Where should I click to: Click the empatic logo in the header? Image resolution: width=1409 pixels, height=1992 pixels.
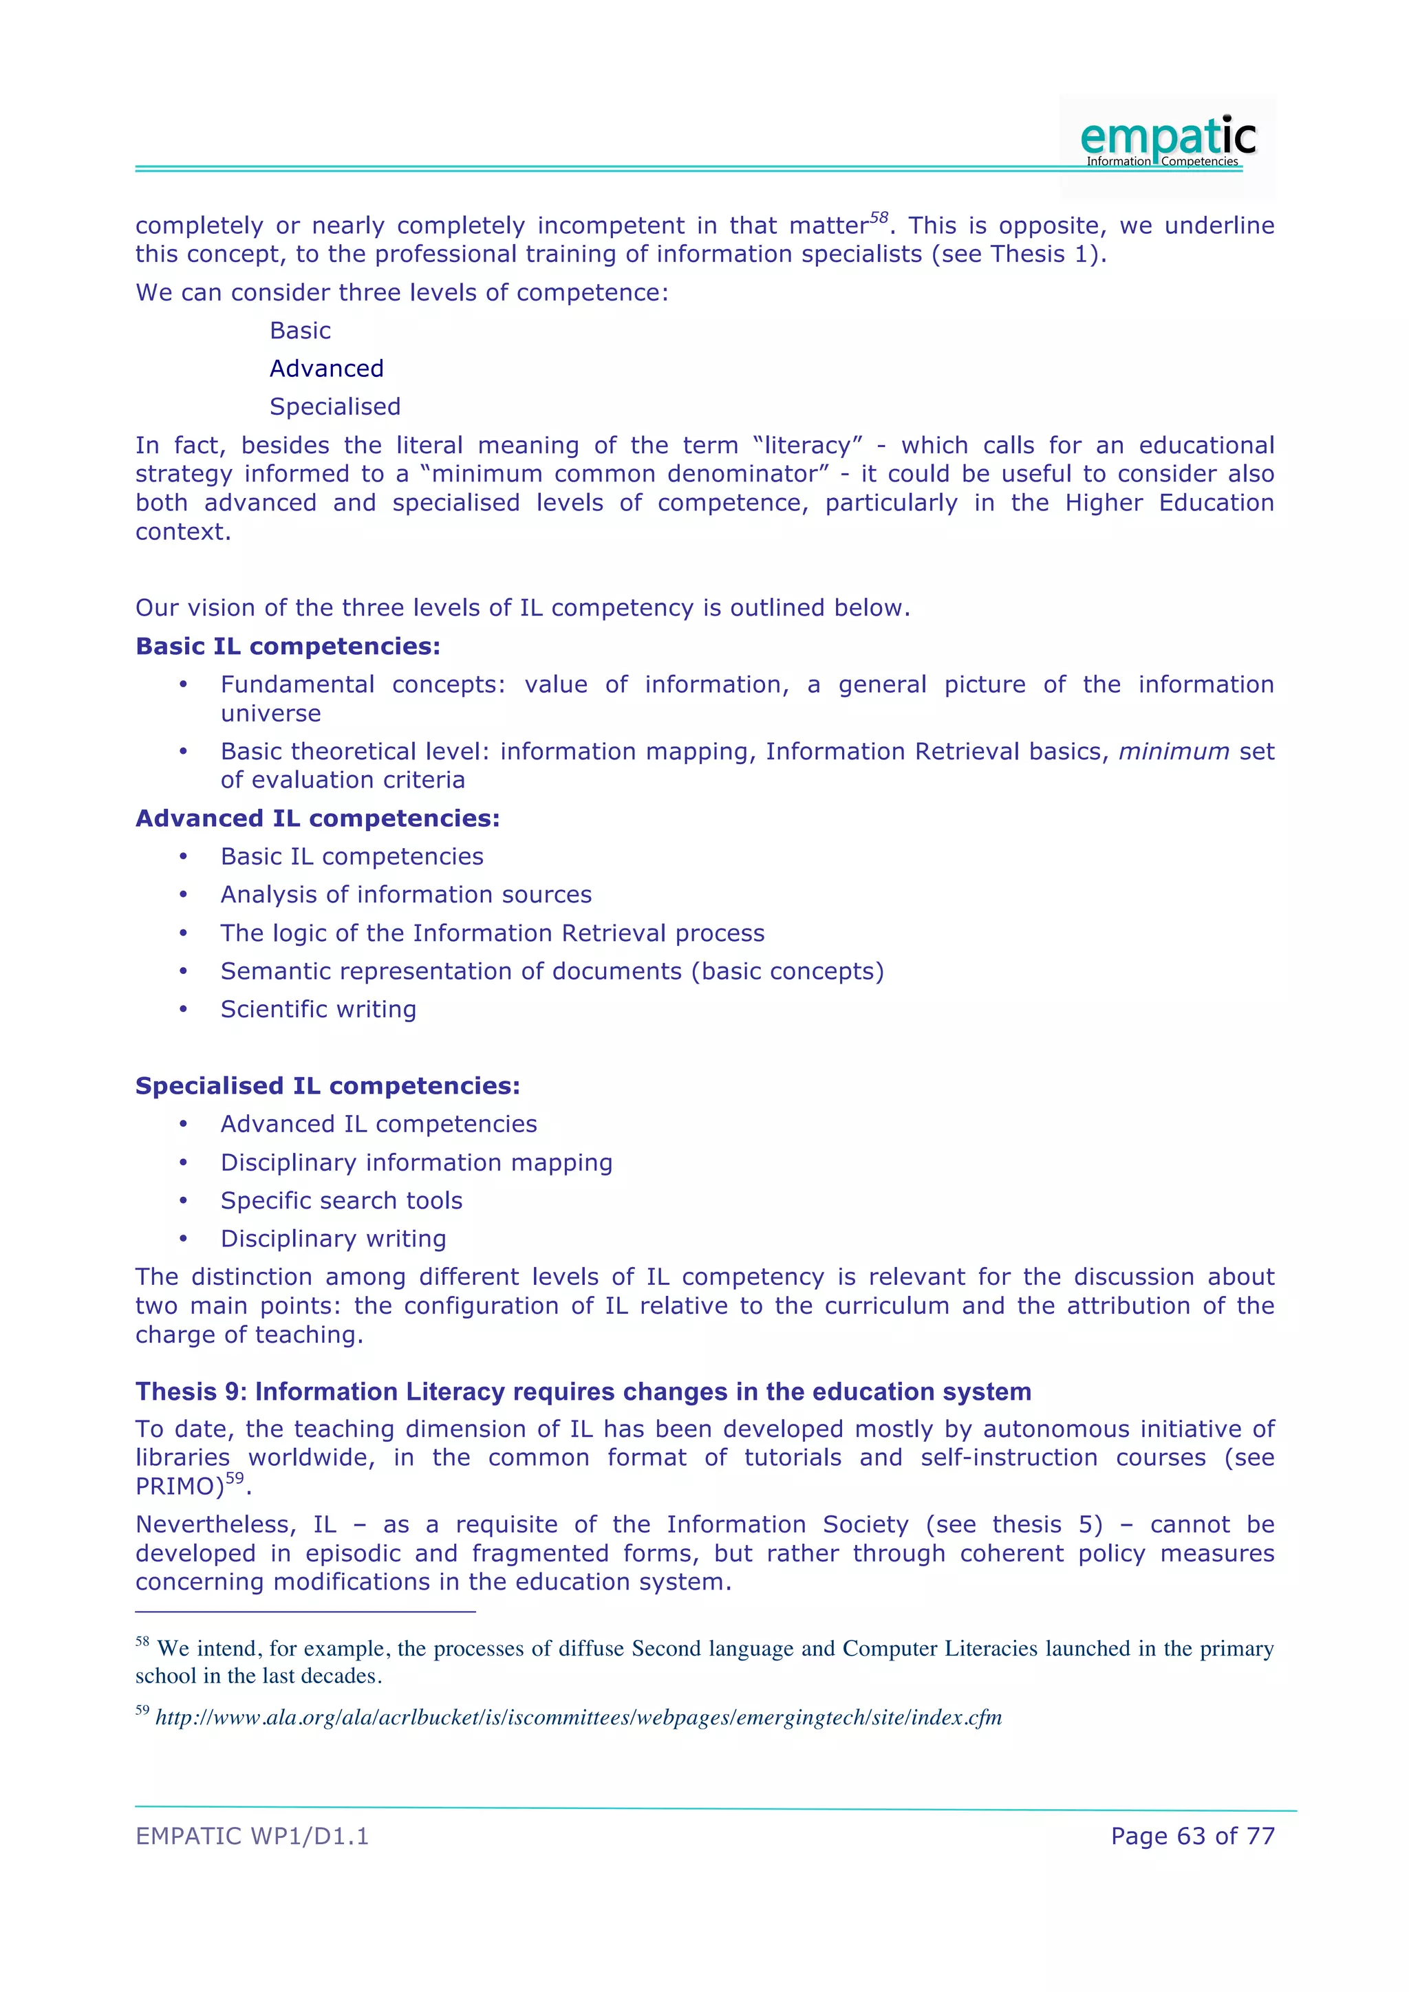(x=1167, y=140)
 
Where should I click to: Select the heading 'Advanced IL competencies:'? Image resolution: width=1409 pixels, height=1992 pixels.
(x=318, y=818)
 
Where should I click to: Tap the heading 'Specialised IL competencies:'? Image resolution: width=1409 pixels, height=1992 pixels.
(x=328, y=1085)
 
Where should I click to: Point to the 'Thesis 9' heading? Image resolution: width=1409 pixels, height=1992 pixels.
(x=583, y=1392)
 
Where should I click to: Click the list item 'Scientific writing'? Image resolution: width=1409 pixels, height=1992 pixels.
(x=319, y=1009)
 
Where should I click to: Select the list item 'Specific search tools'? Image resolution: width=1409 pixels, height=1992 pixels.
(x=341, y=1201)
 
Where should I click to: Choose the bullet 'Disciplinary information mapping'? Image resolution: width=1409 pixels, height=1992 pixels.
(x=416, y=1162)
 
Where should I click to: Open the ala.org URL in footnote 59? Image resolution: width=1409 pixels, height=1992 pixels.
(x=579, y=1718)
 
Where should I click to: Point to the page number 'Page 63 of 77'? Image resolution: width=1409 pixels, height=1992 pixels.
(x=1192, y=1836)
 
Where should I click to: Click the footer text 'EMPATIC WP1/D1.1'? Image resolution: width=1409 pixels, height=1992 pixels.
(x=252, y=1836)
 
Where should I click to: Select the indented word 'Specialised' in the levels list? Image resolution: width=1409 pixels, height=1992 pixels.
(x=335, y=407)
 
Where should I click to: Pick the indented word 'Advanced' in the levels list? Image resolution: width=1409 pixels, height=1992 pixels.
(x=326, y=369)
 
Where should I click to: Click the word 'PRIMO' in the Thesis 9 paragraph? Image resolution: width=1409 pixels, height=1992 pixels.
(x=176, y=1487)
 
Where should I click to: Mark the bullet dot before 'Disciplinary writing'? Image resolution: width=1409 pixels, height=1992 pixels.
(x=183, y=1239)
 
